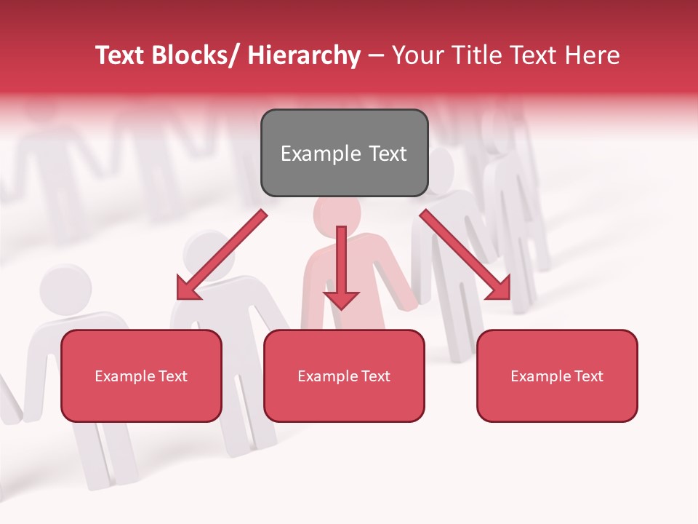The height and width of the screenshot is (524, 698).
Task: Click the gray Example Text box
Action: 344,153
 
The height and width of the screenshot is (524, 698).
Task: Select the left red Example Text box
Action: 141,376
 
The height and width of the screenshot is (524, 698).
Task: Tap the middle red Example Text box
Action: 344,376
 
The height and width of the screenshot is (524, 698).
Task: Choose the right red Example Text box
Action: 557,376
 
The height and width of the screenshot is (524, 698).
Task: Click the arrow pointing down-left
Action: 222,255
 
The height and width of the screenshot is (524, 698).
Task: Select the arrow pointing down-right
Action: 465,255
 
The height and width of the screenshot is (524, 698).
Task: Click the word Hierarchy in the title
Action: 304,55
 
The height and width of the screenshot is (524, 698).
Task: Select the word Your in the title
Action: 417,55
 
